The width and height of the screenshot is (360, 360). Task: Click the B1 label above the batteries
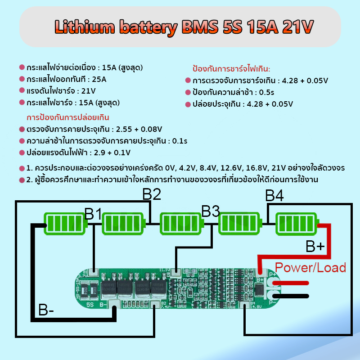[93, 214]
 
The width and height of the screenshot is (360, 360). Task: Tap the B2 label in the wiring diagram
[152, 194]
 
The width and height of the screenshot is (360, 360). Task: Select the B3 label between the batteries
[210, 211]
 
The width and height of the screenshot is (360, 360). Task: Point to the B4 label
[274, 196]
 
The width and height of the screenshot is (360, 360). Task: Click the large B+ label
[315, 247]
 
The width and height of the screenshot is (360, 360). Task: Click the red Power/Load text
[310, 268]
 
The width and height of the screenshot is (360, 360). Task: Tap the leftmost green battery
[65, 223]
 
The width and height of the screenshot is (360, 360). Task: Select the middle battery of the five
[182, 223]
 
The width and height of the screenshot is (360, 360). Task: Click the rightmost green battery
[297, 223]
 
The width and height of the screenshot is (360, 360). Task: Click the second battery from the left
[123, 223]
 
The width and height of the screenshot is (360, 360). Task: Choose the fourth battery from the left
[240, 223]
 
